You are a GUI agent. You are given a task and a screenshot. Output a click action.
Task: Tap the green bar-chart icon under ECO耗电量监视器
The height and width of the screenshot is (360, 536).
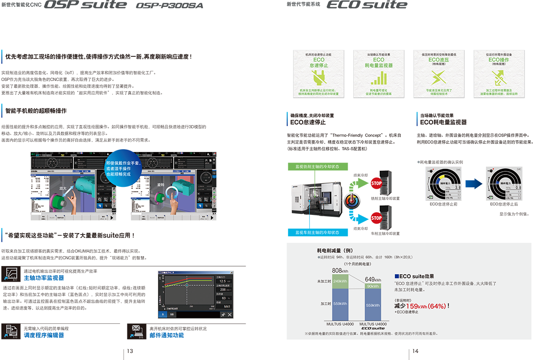point(378,77)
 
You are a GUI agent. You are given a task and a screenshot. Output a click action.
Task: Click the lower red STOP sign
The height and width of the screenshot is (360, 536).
point(376,218)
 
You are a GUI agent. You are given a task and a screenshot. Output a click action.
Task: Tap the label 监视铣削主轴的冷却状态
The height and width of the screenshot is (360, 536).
point(317,166)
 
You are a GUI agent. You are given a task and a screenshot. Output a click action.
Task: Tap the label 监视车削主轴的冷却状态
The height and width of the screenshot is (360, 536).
point(317,233)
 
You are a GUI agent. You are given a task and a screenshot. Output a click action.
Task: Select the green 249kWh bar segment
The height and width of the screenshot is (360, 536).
point(339,281)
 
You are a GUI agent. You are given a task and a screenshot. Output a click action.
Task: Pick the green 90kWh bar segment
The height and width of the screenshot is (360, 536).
point(372,286)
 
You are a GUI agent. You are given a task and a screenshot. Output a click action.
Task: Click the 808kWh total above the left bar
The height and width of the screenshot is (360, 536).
point(339,271)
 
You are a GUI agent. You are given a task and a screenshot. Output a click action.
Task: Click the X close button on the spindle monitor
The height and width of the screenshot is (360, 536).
point(230,315)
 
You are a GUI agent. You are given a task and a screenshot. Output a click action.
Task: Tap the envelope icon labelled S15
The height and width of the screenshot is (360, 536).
point(137,328)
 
